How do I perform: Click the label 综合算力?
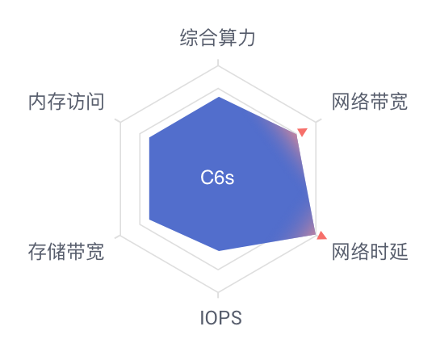pyautogui.click(x=217, y=37)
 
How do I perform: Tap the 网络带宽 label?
pyautogui.click(x=370, y=102)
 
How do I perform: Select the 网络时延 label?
pyautogui.click(x=370, y=252)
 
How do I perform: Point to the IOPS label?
pyautogui.click(x=220, y=318)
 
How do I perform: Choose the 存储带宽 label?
pyautogui.click(x=66, y=252)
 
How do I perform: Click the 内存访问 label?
pyautogui.click(x=66, y=102)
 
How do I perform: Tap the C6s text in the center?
pyautogui.click(x=217, y=178)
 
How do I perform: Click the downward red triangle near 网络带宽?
pyautogui.click(x=302, y=132)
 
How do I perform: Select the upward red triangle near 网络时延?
pyautogui.click(x=321, y=235)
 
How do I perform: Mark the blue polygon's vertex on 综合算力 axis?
pyautogui.click(x=219, y=97)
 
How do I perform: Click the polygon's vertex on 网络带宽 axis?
pyautogui.click(x=296, y=134)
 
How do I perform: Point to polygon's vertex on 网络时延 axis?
pyautogui.click(x=316, y=235)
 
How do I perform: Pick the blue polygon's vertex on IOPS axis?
pyautogui.click(x=219, y=251)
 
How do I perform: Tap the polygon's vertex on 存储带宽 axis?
pyautogui.click(x=149, y=220)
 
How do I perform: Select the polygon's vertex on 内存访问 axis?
pyautogui.click(x=149, y=137)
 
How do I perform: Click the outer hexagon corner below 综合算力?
pyautogui.click(x=218, y=66)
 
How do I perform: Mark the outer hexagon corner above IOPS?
pyautogui.click(x=218, y=291)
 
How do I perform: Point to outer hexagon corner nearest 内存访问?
pyautogui.click(x=120, y=122)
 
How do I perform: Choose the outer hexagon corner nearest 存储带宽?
pyautogui.click(x=120, y=235)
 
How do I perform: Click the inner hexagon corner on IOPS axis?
pyautogui.click(x=218, y=269)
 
